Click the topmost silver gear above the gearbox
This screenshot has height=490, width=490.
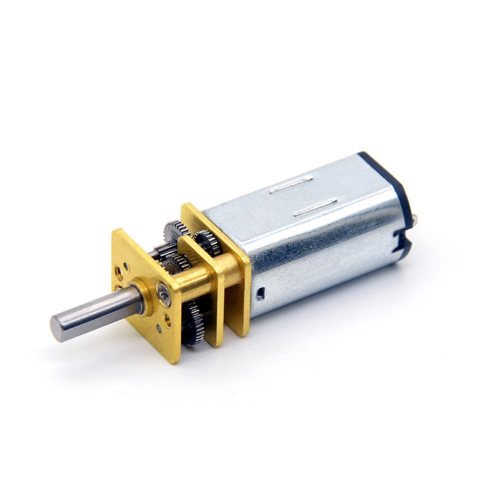[173, 232]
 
